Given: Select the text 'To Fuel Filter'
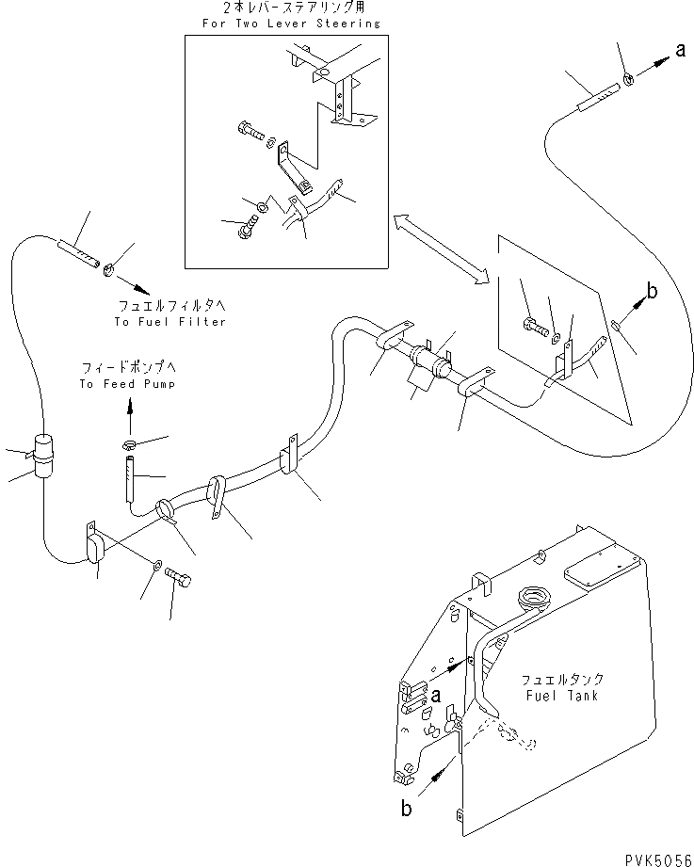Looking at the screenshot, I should click(x=171, y=321).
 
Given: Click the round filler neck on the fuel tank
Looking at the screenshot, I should click(x=533, y=599).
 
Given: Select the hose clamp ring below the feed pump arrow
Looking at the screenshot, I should click(x=133, y=443).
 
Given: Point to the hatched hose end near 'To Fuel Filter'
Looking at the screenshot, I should click(x=79, y=254).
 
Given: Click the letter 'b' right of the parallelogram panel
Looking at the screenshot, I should click(x=652, y=291).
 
